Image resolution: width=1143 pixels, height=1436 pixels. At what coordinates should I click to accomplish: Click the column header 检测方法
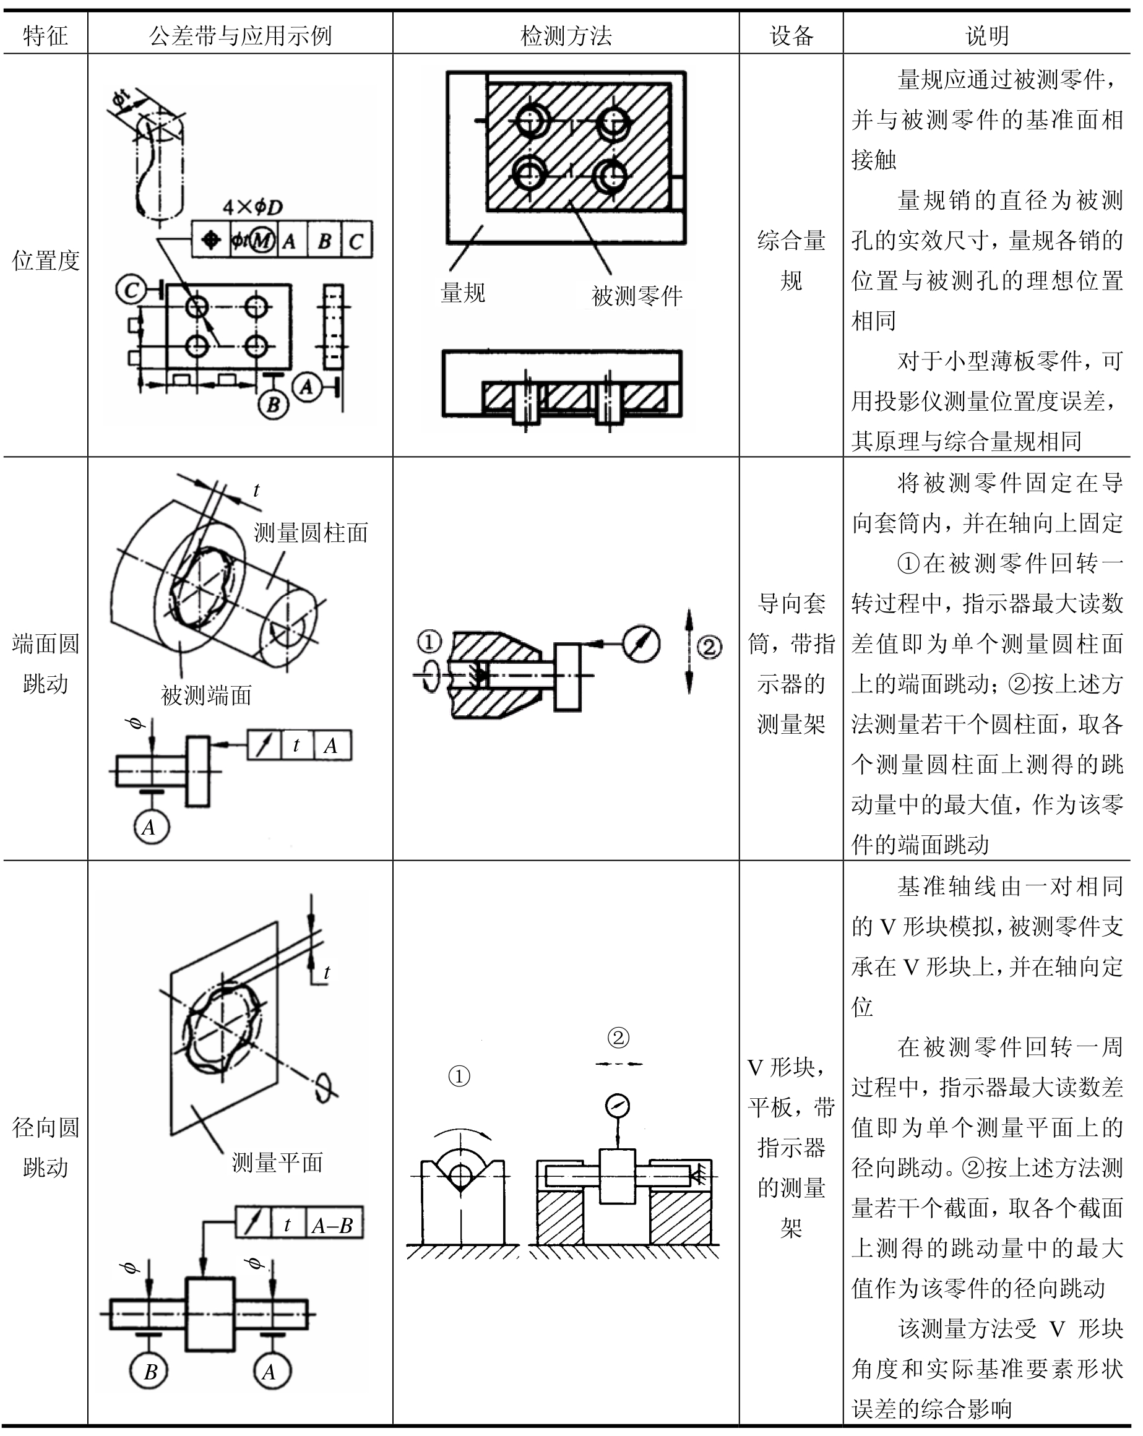566,35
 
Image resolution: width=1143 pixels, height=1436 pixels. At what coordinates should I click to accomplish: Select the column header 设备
791,35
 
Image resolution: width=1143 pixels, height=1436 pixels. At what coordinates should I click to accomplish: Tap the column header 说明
987,35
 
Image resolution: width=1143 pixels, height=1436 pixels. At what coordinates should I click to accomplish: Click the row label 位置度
45,260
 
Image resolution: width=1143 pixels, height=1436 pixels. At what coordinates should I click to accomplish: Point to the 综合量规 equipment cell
791,260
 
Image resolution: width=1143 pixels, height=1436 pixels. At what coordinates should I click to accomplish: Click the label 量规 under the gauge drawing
463,293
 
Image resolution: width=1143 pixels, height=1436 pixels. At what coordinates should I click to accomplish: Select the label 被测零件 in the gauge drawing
637,296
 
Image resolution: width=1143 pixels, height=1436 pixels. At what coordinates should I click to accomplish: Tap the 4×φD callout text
252,207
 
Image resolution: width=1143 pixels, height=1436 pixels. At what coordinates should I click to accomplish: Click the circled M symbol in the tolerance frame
262,240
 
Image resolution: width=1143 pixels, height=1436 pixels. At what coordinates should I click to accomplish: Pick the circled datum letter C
131,290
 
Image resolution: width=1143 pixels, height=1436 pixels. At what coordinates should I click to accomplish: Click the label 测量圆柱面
311,532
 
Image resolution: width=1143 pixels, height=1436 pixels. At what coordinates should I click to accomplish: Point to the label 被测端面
207,695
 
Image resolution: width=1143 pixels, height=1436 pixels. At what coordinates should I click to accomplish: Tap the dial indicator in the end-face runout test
642,644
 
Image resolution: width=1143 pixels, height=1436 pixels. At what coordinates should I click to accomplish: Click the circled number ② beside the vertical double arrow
709,646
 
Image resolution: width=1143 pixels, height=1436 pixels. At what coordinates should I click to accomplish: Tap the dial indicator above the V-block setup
618,1107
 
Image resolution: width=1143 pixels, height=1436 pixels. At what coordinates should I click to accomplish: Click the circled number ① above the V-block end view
459,1076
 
